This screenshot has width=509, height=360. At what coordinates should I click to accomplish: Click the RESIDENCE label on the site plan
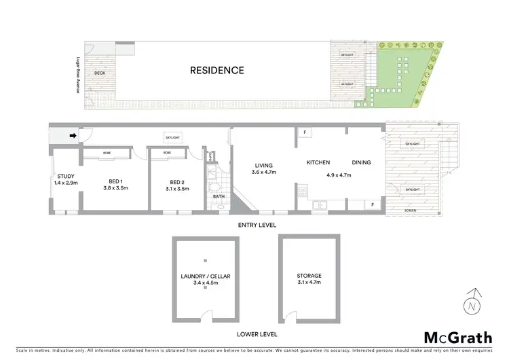(216, 70)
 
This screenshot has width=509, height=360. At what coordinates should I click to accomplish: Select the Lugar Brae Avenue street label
(79, 74)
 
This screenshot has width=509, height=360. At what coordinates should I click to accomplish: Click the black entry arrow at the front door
(73, 137)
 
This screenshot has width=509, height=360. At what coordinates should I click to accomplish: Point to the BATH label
(218, 197)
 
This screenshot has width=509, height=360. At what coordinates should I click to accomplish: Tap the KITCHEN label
(318, 162)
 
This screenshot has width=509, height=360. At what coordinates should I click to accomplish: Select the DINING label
(362, 162)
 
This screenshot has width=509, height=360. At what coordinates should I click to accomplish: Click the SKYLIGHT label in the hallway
(173, 137)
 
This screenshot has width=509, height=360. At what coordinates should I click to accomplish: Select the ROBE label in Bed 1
(107, 154)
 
